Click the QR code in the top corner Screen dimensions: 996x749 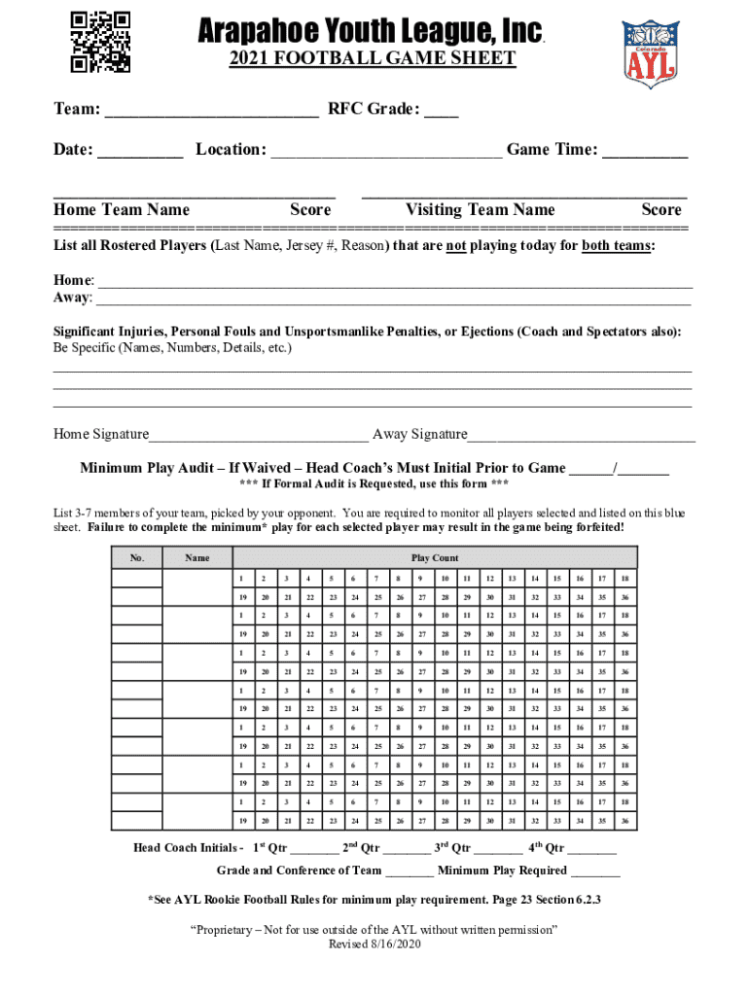101,41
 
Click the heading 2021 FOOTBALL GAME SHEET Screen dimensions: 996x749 373,59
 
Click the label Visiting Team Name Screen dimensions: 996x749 480,210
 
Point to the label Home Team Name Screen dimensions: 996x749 122,210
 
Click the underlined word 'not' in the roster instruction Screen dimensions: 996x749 455,246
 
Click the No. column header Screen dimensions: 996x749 137,558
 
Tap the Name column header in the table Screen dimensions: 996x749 197,558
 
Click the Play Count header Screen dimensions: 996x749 435,558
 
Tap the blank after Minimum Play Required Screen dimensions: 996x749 595,871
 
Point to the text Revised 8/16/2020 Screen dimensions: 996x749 374,944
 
